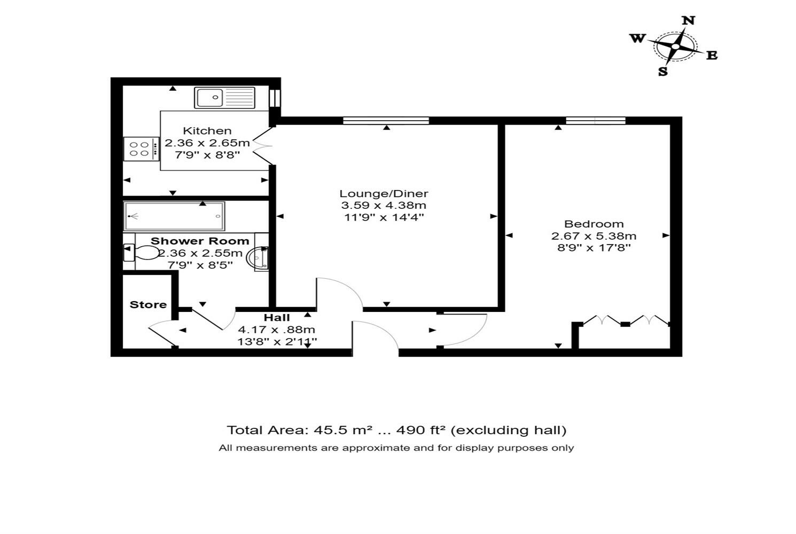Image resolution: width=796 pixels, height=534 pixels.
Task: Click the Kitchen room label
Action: [x=207, y=131]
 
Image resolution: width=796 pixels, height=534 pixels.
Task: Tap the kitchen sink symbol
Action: [x=224, y=98]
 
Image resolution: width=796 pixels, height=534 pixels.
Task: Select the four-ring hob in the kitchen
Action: [x=141, y=149]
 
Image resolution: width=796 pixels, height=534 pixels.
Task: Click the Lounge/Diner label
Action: [x=384, y=194]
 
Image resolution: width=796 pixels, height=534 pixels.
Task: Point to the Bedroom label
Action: [x=594, y=224]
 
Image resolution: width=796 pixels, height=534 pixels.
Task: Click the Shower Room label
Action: [x=199, y=241]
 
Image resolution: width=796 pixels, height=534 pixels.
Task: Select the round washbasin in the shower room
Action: [x=257, y=258]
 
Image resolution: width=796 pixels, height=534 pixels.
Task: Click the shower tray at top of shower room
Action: [x=174, y=216]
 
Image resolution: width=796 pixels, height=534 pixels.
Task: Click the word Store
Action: [x=148, y=304]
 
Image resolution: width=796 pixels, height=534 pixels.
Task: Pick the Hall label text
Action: [x=276, y=318]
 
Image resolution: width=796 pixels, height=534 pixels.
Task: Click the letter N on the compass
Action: [x=689, y=21]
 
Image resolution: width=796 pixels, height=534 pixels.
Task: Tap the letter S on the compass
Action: [x=663, y=72]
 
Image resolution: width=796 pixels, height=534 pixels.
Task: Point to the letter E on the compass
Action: [x=712, y=55]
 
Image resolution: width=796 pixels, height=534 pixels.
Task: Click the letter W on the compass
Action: [x=637, y=38]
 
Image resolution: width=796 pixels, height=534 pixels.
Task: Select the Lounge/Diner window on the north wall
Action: [x=386, y=121]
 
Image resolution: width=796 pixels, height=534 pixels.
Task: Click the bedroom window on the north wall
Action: [x=595, y=121]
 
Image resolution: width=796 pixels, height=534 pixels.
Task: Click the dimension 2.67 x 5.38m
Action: [x=594, y=235]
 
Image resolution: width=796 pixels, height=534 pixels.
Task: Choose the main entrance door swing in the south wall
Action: [x=375, y=336]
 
